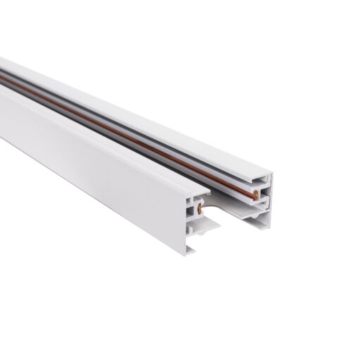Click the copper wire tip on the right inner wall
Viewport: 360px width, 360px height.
(x=256, y=196)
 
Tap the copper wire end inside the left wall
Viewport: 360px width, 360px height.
(x=200, y=208)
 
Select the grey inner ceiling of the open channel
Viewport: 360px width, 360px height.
(x=226, y=204)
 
